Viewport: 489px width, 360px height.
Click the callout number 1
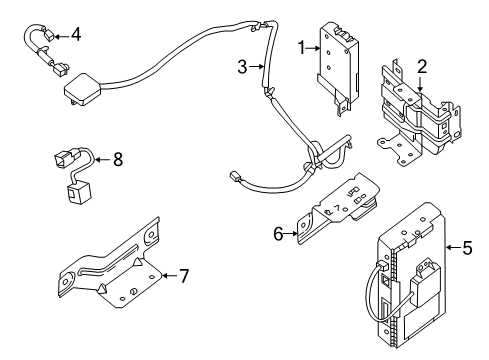[300, 47]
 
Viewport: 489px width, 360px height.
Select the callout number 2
[422, 67]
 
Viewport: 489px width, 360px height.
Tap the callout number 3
[241, 67]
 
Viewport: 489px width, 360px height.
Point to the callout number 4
[75, 36]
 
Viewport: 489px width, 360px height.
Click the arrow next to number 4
[60, 36]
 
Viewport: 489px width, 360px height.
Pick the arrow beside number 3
[255, 67]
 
